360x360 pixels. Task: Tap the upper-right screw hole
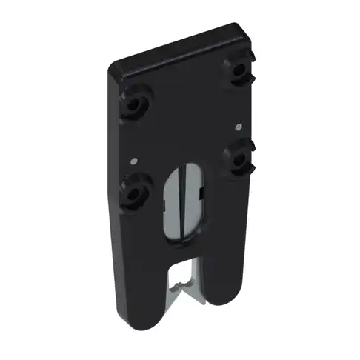coord(239,69)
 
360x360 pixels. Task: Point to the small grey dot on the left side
coord(131,159)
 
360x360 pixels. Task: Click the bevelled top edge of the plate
coord(178,48)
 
